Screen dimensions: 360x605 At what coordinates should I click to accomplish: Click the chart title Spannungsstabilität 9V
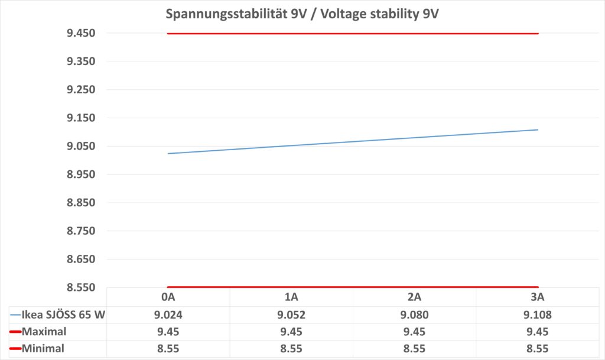point(301,14)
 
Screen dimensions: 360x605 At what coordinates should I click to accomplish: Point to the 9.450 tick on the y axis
point(82,33)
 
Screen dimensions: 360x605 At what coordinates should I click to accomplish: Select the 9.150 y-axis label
point(82,118)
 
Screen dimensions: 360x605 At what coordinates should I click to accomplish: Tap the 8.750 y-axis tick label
point(82,231)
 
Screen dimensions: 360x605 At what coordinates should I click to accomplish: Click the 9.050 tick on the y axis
point(82,147)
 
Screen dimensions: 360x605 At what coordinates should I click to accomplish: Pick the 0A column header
point(168,297)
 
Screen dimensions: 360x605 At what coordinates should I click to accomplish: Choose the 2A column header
point(414,297)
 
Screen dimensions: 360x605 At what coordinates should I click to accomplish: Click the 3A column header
point(537,297)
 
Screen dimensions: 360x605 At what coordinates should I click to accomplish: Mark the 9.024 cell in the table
point(168,314)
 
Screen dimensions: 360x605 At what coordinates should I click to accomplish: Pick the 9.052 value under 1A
point(291,314)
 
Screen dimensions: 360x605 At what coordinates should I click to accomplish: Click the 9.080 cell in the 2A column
point(414,314)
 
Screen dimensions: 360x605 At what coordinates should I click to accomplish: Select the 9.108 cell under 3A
point(537,314)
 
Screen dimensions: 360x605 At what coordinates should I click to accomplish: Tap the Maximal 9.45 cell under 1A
point(291,332)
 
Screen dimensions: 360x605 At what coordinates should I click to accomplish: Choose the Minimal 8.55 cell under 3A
point(537,349)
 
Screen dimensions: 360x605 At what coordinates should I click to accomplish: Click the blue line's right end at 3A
point(538,129)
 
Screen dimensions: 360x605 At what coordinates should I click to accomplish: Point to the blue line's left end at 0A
point(168,154)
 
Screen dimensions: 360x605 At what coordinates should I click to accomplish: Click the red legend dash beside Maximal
point(15,332)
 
